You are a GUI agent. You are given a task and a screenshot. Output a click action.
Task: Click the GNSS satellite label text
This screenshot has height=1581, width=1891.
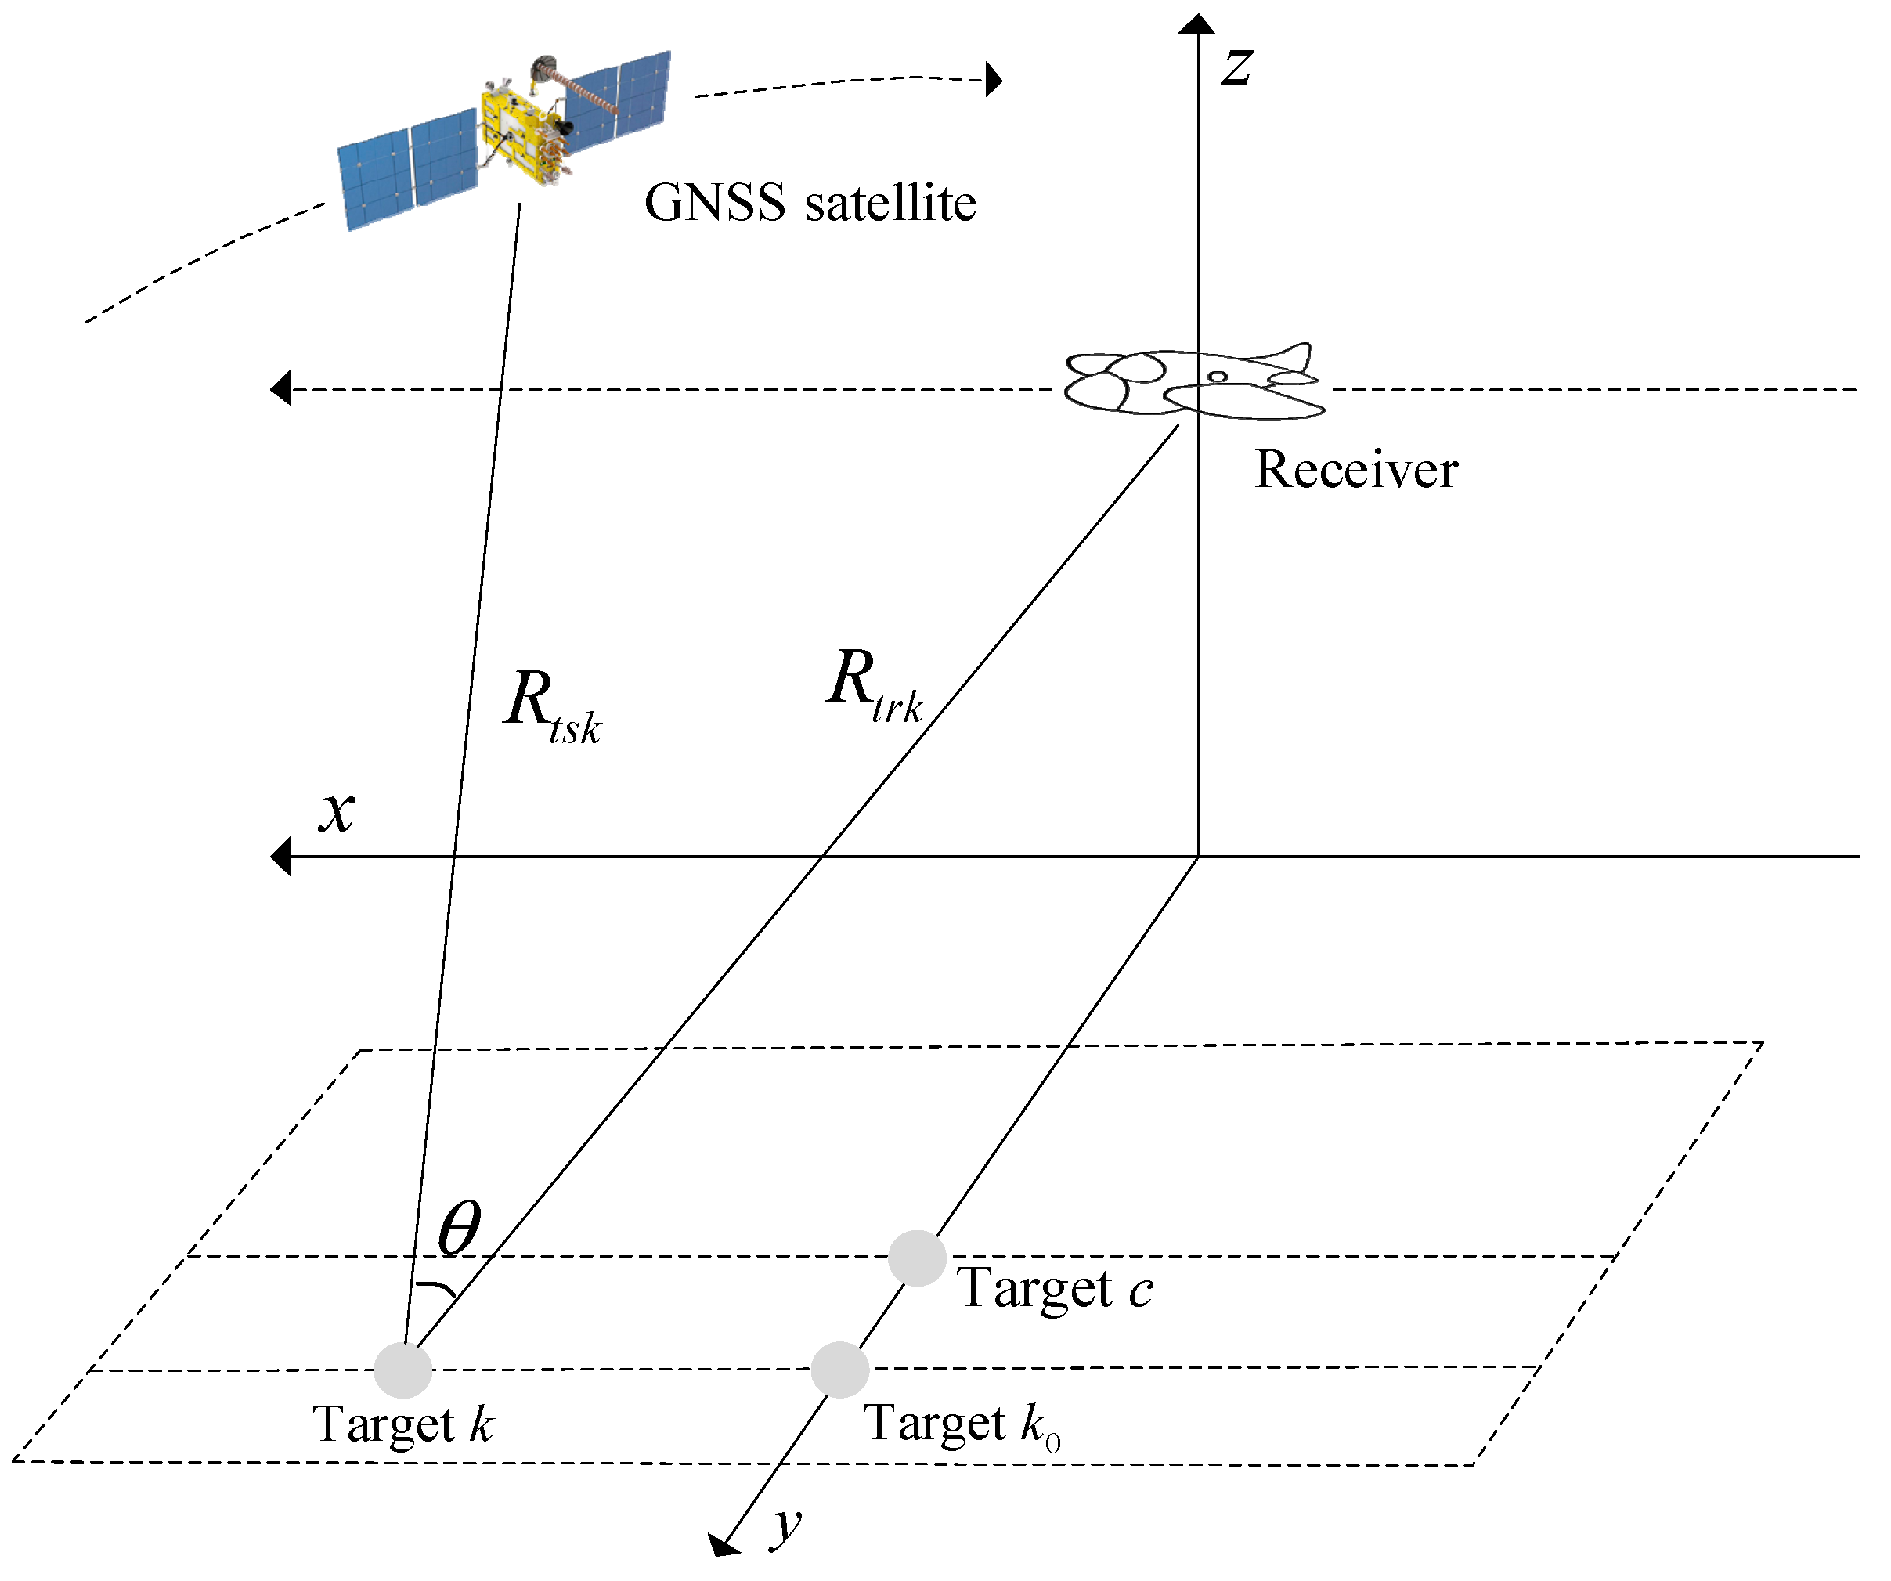click(x=810, y=203)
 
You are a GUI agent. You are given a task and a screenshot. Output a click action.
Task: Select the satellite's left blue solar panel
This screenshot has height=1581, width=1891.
click(x=408, y=171)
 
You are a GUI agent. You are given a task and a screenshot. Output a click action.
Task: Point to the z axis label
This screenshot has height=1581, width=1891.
click(x=1236, y=67)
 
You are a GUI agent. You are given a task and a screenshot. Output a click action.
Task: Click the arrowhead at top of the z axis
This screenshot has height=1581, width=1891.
click(x=1196, y=23)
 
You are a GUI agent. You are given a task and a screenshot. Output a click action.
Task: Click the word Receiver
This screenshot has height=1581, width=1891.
click(x=1356, y=471)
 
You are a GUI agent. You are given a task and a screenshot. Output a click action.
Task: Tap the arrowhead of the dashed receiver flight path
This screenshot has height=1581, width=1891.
click(x=281, y=388)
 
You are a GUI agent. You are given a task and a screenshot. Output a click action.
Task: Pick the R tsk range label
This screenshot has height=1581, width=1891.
click(x=551, y=708)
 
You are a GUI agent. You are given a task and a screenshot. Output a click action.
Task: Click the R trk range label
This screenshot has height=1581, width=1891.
click(x=874, y=686)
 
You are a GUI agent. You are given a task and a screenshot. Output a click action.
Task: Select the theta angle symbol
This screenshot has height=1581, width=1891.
click(x=459, y=1228)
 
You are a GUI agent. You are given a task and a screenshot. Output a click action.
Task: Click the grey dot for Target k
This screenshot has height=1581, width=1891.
click(x=402, y=1370)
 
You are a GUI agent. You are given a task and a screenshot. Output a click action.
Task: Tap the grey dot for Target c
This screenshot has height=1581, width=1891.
click(x=917, y=1258)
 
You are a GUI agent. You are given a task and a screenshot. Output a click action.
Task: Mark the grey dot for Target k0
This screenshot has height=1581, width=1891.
click(x=839, y=1370)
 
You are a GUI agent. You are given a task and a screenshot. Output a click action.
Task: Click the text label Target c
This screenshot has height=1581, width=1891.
click(x=1054, y=1288)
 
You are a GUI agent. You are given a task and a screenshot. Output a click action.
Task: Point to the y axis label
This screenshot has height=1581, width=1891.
click(x=786, y=1526)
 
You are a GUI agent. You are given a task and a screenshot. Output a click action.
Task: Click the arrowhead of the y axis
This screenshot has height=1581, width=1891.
click(x=722, y=1545)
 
